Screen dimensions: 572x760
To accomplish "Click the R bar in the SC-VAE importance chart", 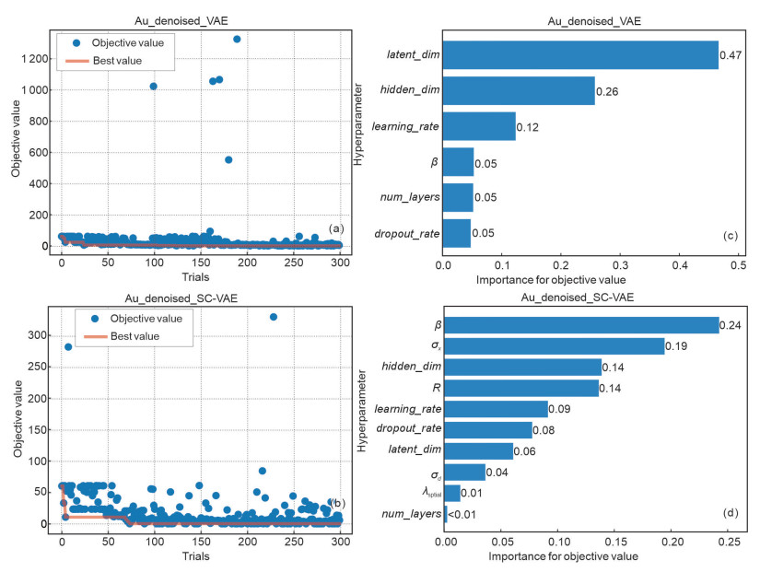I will [522, 387].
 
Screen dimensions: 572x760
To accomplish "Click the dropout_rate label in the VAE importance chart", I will [405, 232].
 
